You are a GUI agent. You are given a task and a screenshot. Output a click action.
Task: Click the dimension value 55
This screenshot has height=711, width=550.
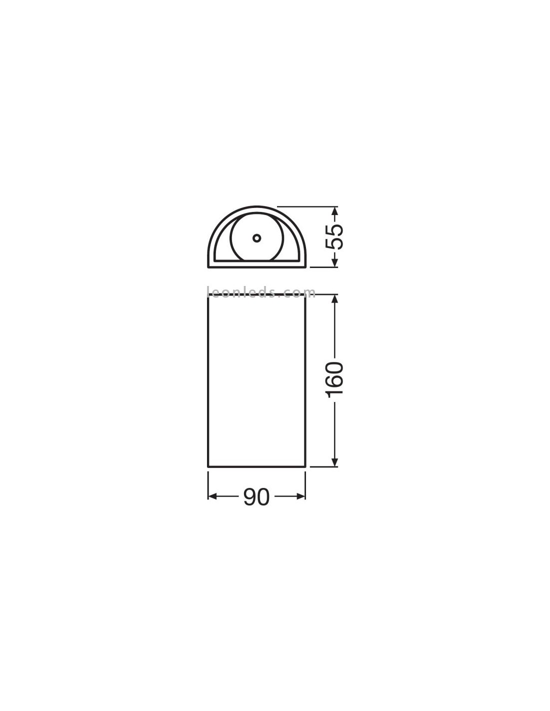pyautogui.click(x=334, y=236)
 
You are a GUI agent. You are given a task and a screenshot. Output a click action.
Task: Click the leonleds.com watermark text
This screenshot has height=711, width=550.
pyautogui.click(x=261, y=292)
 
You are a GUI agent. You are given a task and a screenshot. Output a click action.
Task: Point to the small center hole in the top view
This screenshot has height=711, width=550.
pyautogui.click(x=257, y=238)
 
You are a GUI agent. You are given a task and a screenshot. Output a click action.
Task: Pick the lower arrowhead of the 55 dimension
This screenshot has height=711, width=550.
pyautogui.click(x=334, y=262)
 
